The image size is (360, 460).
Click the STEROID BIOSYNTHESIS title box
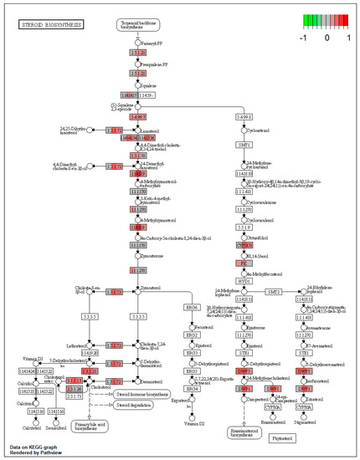tap(49, 26)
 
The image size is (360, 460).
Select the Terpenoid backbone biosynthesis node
tap(138, 25)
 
